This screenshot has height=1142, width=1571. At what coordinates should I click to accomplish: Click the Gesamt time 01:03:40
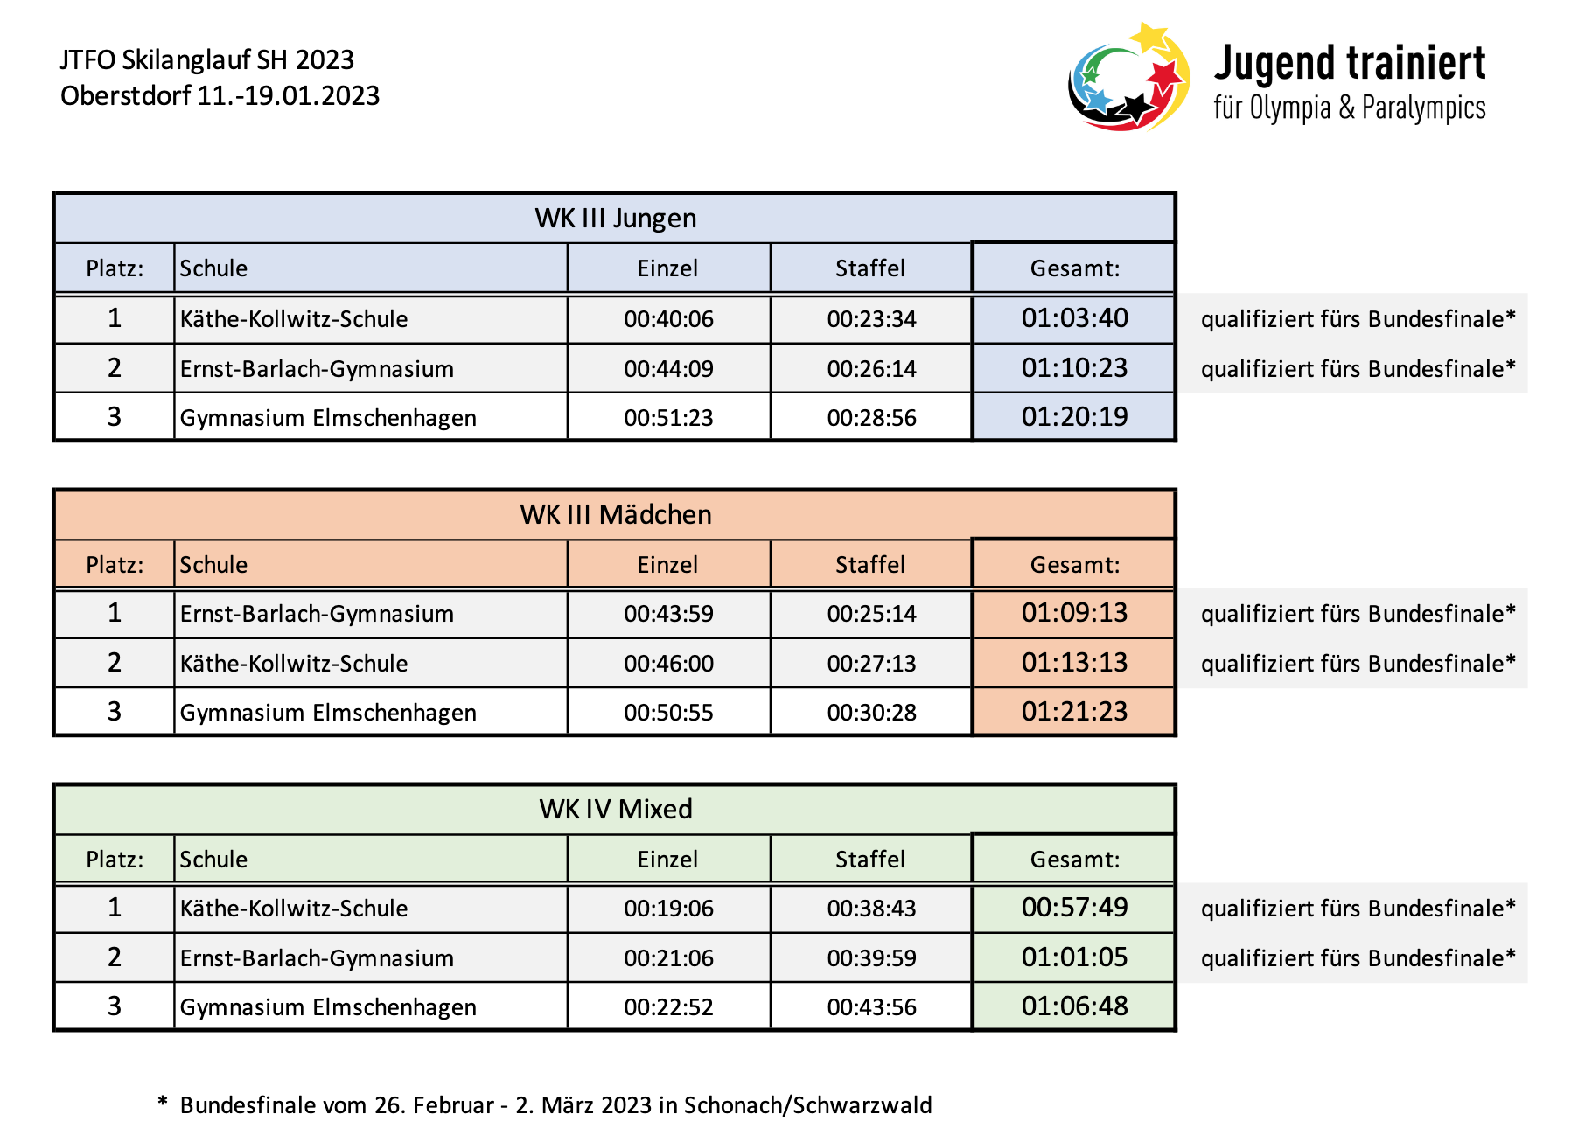click(1074, 317)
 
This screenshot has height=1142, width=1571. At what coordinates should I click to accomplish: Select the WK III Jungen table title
click(616, 218)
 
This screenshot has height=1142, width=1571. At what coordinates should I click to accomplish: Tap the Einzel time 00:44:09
click(668, 369)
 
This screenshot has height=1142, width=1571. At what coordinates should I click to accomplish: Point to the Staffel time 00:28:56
click(871, 418)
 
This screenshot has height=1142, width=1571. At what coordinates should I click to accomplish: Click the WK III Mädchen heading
click(616, 514)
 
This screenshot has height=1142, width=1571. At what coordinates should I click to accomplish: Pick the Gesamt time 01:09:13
click(1074, 612)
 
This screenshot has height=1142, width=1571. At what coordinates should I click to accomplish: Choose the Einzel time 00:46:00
click(668, 664)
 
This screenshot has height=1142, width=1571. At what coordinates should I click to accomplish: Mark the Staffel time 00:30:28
click(871, 713)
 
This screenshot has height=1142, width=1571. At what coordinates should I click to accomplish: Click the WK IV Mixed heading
click(616, 809)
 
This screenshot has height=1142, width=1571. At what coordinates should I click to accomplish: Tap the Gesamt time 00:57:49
click(1074, 907)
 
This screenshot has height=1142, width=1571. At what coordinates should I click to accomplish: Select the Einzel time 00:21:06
click(668, 958)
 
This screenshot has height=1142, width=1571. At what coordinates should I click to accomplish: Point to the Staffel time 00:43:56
click(871, 1007)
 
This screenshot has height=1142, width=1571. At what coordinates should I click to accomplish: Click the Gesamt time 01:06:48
click(1074, 1006)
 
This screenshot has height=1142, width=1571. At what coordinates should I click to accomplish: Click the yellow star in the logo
click(1149, 37)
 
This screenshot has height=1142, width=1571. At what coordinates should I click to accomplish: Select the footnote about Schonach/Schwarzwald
click(544, 1105)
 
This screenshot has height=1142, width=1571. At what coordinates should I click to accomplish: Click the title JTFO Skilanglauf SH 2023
click(207, 59)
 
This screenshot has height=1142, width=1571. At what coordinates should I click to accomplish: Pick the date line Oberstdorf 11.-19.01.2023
click(220, 95)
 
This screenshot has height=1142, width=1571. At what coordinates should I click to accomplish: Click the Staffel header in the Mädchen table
click(870, 565)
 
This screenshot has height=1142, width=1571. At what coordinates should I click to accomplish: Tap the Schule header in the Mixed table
click(213, 860)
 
